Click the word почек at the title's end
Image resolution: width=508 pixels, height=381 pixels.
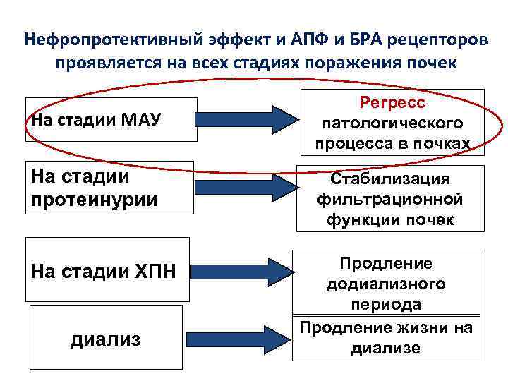[431, 63]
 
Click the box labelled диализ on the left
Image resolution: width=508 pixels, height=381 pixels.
[105, 339]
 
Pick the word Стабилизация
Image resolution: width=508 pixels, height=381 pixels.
[390, 179]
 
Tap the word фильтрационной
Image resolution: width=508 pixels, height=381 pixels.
[390, 199]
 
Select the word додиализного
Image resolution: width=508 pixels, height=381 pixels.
[385, 284]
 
